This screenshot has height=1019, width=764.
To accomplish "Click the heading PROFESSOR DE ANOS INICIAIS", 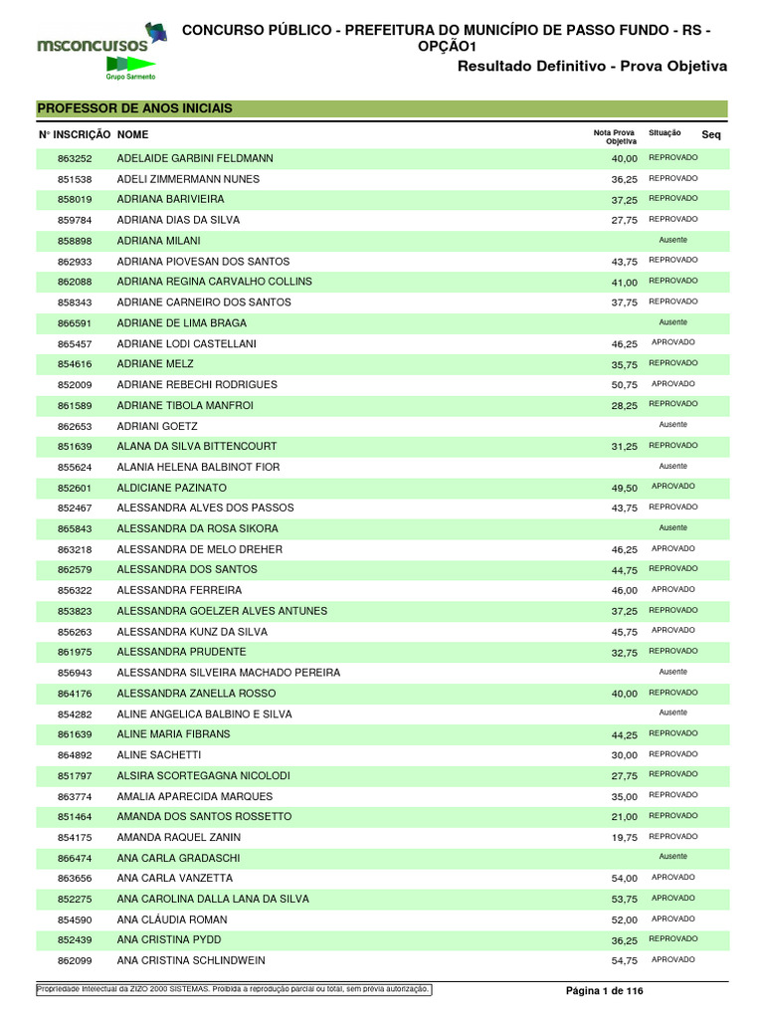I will tap(134, 108).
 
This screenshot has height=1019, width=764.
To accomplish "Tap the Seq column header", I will tap(710, 134).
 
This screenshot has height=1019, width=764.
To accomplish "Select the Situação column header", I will tap(665, 132).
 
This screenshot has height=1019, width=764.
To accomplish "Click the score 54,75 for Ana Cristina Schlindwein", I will tap(624, 961).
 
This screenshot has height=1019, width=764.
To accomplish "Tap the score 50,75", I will tap(624, 385).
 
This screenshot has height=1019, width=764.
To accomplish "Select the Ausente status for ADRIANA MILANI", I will tap(672, 240).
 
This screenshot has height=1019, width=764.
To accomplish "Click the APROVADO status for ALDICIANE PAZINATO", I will tap(672, 487).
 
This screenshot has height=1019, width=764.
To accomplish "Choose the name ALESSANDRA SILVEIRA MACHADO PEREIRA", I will tap(229, 673).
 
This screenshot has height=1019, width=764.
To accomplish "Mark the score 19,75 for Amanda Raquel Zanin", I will tap(624, 838).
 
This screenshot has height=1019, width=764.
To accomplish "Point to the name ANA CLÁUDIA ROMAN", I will tap(172, 920).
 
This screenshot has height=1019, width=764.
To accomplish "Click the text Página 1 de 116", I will tap(605, 991).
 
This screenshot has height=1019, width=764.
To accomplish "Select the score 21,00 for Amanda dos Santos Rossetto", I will tap(624, 817).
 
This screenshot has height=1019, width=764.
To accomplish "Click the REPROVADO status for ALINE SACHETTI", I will tap(672, 754).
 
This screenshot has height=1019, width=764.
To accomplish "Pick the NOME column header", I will tap(132, 134).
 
